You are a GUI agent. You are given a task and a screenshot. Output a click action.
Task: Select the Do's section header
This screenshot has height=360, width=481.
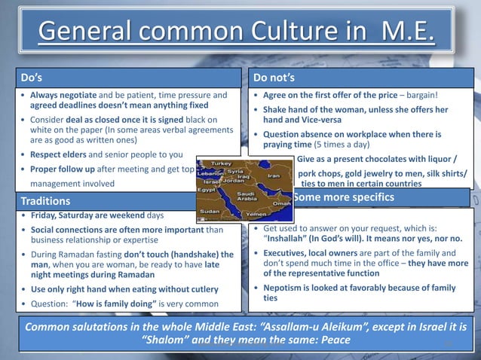pos(31,78)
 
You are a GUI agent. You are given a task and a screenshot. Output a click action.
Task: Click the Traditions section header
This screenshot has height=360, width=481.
pos(46,202)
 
